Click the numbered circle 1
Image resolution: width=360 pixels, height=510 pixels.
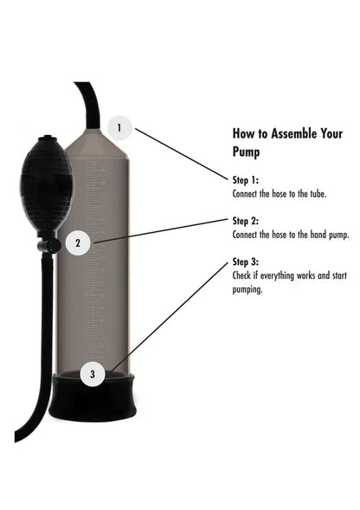[119, 128]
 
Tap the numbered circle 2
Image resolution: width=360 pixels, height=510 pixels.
[78, 242]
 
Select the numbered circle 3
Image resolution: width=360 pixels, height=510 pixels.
[93, 375]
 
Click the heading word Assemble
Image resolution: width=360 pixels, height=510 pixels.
[281, 134]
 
